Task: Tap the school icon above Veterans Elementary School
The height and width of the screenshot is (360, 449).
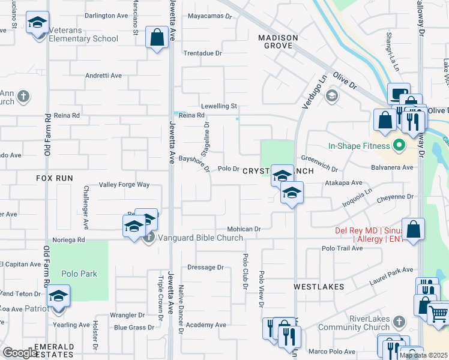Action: coord(38,23)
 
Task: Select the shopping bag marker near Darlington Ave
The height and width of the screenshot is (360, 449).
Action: coord(157,38)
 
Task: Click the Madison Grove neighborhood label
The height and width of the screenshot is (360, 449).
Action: coord(278,42)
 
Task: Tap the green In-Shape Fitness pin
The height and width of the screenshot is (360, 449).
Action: coord(397,145)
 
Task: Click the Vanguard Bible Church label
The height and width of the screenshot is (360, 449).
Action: coord(201,238)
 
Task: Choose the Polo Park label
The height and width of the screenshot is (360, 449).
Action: coord(79,274)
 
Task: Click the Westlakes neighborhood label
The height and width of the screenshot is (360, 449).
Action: coord(319,287)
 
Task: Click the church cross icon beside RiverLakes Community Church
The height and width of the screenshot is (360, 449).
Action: coord(397,323)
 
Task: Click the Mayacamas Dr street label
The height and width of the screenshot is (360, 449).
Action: coord(209,17)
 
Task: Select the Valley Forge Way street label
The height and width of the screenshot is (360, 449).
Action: coord(124,185)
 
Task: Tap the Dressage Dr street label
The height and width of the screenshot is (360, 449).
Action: coord(205,268)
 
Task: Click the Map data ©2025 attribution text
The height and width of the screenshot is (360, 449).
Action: coord(423,355)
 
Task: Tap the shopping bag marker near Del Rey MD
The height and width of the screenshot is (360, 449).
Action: coord(414,229)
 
